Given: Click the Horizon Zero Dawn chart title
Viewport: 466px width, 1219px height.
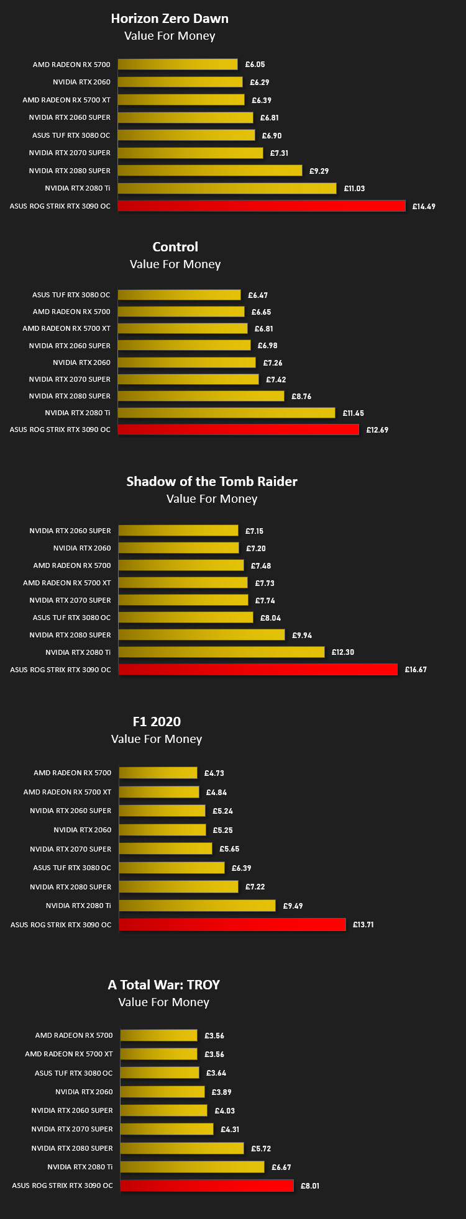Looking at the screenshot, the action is (x=170, y=19).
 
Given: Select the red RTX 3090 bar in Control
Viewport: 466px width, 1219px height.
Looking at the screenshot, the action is (x=239, y=430).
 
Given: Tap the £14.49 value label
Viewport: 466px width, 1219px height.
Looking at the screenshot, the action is (x=424, y=207).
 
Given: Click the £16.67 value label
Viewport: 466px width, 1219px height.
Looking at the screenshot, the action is (x=416, y=670).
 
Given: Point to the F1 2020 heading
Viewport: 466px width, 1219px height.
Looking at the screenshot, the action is (x=157, y=721).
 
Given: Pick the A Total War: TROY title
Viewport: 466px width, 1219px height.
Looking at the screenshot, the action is (x=164, y=984).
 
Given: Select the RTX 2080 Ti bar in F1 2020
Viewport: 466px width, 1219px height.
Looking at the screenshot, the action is (x=198, y=906).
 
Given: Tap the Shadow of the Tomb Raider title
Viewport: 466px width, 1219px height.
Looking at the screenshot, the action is (x=212, y=481).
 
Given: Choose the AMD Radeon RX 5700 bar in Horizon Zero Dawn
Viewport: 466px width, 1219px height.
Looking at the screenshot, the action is (x=178, y=64).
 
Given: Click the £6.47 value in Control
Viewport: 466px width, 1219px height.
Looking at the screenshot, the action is (x=258, y=295).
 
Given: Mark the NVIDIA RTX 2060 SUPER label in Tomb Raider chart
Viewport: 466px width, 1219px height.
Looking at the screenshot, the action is (x=70, y=531).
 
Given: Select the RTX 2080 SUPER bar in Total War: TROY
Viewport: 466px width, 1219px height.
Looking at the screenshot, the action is (x=182, y=1148).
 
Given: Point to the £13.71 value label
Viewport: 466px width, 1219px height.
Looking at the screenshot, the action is (x=363, y=925).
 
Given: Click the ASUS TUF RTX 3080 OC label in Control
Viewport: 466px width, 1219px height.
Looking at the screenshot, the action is (x=71, y=295).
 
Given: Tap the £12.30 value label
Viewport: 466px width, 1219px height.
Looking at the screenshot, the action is (x=343, y=652).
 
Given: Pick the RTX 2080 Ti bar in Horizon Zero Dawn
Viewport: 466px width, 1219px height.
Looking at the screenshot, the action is (x=227, y=188).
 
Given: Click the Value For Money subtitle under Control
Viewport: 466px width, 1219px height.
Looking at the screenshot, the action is (x=175, y=264).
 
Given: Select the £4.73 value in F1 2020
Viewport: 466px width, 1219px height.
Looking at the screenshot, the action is (x=214, y=773).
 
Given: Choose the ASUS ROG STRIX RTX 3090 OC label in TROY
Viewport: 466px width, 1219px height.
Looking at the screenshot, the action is (x=63, y=1185).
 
